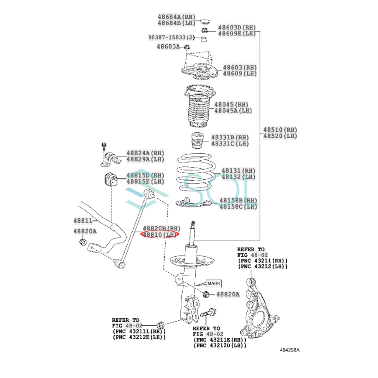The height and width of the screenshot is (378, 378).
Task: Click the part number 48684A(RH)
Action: pyautogui.click(x=176, y=17)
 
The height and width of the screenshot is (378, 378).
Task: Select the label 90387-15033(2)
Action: pyautogui.click(x=171, y=37)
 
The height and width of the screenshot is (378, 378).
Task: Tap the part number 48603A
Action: pyautogui.click(x=168, y=47)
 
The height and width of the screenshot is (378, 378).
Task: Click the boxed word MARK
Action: pyautogui.click(x=214, y=283)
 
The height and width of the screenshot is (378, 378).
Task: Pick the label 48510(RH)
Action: pyautogui.click(x=280, y=130)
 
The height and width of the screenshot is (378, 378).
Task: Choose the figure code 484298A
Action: pyautogui.click(x=289, y=355)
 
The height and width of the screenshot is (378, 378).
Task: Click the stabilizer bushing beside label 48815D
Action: pyautogui.click(x=111, y=178)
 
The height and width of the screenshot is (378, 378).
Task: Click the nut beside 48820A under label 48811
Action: pyautogui.click(x=83, y=242)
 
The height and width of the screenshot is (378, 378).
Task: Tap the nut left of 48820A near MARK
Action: pyautogui.click(x=206, y=294)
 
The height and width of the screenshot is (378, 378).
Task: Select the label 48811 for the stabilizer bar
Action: pyautogui.click(x=83, y=221)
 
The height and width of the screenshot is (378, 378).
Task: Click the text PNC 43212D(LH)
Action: pyautogui.click(x=220, y=346)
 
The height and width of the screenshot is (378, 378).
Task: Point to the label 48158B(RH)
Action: pyautogui.click(x=238, y=200)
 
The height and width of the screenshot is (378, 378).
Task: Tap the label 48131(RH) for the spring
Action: pyautogui.click(x=238, y=171)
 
